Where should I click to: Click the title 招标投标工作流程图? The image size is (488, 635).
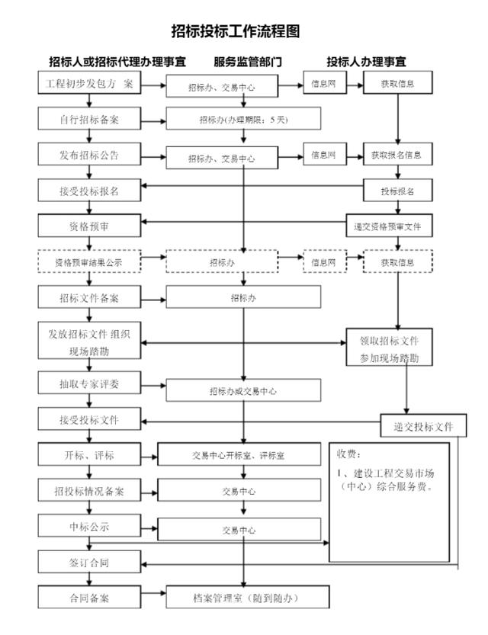[236, 31]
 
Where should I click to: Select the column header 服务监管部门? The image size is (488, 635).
[248, 62]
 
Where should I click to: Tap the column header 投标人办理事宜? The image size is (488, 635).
[366, 62]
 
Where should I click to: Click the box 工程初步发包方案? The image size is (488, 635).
[89, 83]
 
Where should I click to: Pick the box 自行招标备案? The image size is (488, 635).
[89, 119]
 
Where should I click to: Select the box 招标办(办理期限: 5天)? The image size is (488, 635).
[243, 119]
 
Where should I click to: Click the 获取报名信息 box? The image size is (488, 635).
[397, 154]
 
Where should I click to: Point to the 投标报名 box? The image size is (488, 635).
[397, 191]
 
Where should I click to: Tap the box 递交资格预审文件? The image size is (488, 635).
[389, 226]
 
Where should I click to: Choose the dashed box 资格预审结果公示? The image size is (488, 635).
[89, 261]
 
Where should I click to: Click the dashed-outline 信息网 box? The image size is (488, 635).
[325, 261]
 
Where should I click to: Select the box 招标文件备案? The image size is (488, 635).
[89, 297]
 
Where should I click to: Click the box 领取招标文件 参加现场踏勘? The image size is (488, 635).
[389, 348]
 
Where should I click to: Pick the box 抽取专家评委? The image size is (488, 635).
[89, 383]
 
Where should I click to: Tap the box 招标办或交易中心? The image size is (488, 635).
[243, 390]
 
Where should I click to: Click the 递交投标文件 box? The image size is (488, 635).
[423, 425]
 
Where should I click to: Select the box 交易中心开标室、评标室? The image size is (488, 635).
[239, 454]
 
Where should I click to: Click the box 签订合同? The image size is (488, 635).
[89, 562]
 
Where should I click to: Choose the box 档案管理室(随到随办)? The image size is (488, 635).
[248, 597]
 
